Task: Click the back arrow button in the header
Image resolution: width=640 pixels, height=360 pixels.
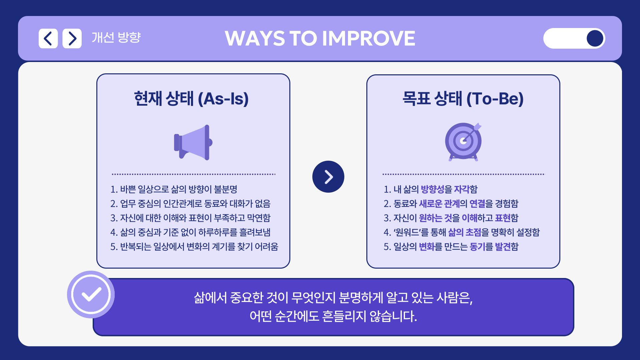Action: click(48, 38)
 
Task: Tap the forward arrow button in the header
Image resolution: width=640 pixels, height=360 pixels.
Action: click(72, 38)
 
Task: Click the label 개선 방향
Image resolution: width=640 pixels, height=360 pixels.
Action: click(116, 37)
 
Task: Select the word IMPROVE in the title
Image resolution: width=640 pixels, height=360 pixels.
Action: click(369, 38)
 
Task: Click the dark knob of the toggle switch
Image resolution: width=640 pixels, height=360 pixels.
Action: click(595, 38)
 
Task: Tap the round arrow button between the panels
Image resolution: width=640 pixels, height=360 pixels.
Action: click(328, 177)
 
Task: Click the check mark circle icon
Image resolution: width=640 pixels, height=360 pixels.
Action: click(91, 294)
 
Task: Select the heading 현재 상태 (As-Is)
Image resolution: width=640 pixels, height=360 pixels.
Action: click(191, 99)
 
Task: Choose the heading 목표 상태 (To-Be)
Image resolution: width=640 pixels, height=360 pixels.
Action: click(463, 99)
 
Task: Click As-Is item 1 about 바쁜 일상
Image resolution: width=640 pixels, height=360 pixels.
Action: click(174, 189)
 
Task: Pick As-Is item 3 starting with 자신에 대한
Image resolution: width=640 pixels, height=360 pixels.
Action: click(190, 218)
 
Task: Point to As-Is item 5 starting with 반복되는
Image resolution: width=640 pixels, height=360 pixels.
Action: click(194, 247)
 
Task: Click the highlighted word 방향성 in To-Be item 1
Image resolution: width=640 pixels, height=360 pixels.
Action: click(432, 189)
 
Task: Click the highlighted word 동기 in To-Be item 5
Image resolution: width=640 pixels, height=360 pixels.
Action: click(477, 247)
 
